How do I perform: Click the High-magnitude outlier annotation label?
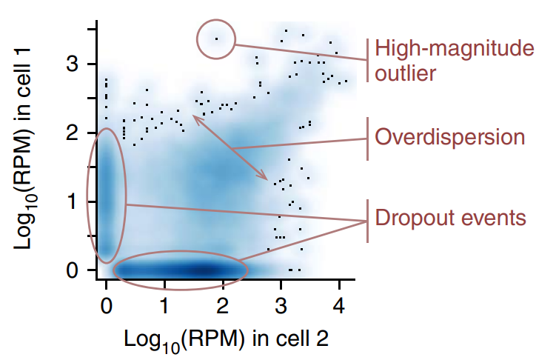pyautogui.click(x=453, y=61)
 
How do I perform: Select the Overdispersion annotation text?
pyautogui.click(x=449, y=137)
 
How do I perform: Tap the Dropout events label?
pyautogui.click(x=451, y=219)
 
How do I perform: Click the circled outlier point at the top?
pyautogui.click(x=216, y=39)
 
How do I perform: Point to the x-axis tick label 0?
pyautogui.click(x=107, y=304)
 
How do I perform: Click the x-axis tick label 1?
pyautogui.click(x=164, y=304)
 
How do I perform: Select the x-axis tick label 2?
pyautogui.click(x=222, y=304)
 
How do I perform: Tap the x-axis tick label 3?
pyautogui.click(x=281, y=304)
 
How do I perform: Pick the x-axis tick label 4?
pyautogui.click(x=338, y=304)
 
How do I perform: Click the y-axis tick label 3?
pyautogui.click(x=73, y=64)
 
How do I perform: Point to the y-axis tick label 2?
pyautogui.click(x=73, y=133)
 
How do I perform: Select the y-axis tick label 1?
pyautogui.click(x=73, y=201)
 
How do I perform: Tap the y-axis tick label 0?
pyautogui.click(x=73, y=270)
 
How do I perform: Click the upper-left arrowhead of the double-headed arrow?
pyautogui.click(x=195, y=116)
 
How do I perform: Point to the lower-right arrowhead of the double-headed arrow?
pyautogui.click(x=266, y=178)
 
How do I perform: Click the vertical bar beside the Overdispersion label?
pyautogui.click(x=368, y=138)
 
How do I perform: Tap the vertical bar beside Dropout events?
pyautogui.click(x=368, y=220)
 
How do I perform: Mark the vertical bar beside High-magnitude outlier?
pyautogui.click(x=368, y=60)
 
